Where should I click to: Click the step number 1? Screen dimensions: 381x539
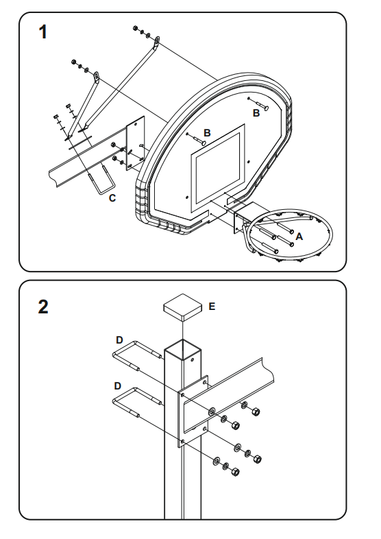pyautogui.click(x=42, y=32)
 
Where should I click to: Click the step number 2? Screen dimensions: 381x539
pyautogui.click(x=43, y=307)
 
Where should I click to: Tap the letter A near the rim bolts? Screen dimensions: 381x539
pyautogui.click(x=299, y=237)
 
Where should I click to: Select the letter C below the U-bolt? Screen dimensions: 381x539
pyautogui.click(x=112, y=198)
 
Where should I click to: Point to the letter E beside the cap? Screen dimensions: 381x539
pyautogui.click(x=212, y=307)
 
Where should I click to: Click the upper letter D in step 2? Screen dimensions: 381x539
pyautogui.click(x=119, y=340)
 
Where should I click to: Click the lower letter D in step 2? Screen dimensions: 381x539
pyautogui.click(x=117, y=386)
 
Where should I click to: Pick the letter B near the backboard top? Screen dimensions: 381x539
pyautogui.click(x=256, y=112)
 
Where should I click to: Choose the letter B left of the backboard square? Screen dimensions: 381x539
pyautogui.click(x=207, y=132)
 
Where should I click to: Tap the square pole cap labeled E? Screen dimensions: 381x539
pyautogui.click(x=183, y=307)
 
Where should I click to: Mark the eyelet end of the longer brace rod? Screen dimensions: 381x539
pyautogui.click(x=156, y=41)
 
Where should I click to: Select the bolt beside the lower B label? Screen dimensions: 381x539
pyautogui.click(x=198, y=139)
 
